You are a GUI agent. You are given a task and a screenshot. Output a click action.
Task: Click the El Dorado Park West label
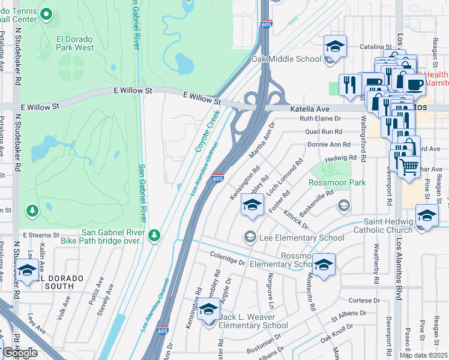click(x=75, y=43)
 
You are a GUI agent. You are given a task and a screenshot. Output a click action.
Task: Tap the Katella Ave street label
click(x=310, y=109)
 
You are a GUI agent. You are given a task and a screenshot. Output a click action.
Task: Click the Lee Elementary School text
click(x=301, y=238)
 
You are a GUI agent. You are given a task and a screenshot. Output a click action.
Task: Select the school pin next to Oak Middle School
click(x=335, y=47)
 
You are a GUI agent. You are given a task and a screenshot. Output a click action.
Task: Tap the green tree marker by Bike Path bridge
click(x=155, y=235)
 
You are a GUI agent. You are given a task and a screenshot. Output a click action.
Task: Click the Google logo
click(x=20, y=353)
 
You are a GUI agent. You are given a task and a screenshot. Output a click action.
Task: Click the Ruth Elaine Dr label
click(x=320, y=119)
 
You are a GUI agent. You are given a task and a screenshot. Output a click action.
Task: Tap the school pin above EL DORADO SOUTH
click(x=26, y=271)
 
